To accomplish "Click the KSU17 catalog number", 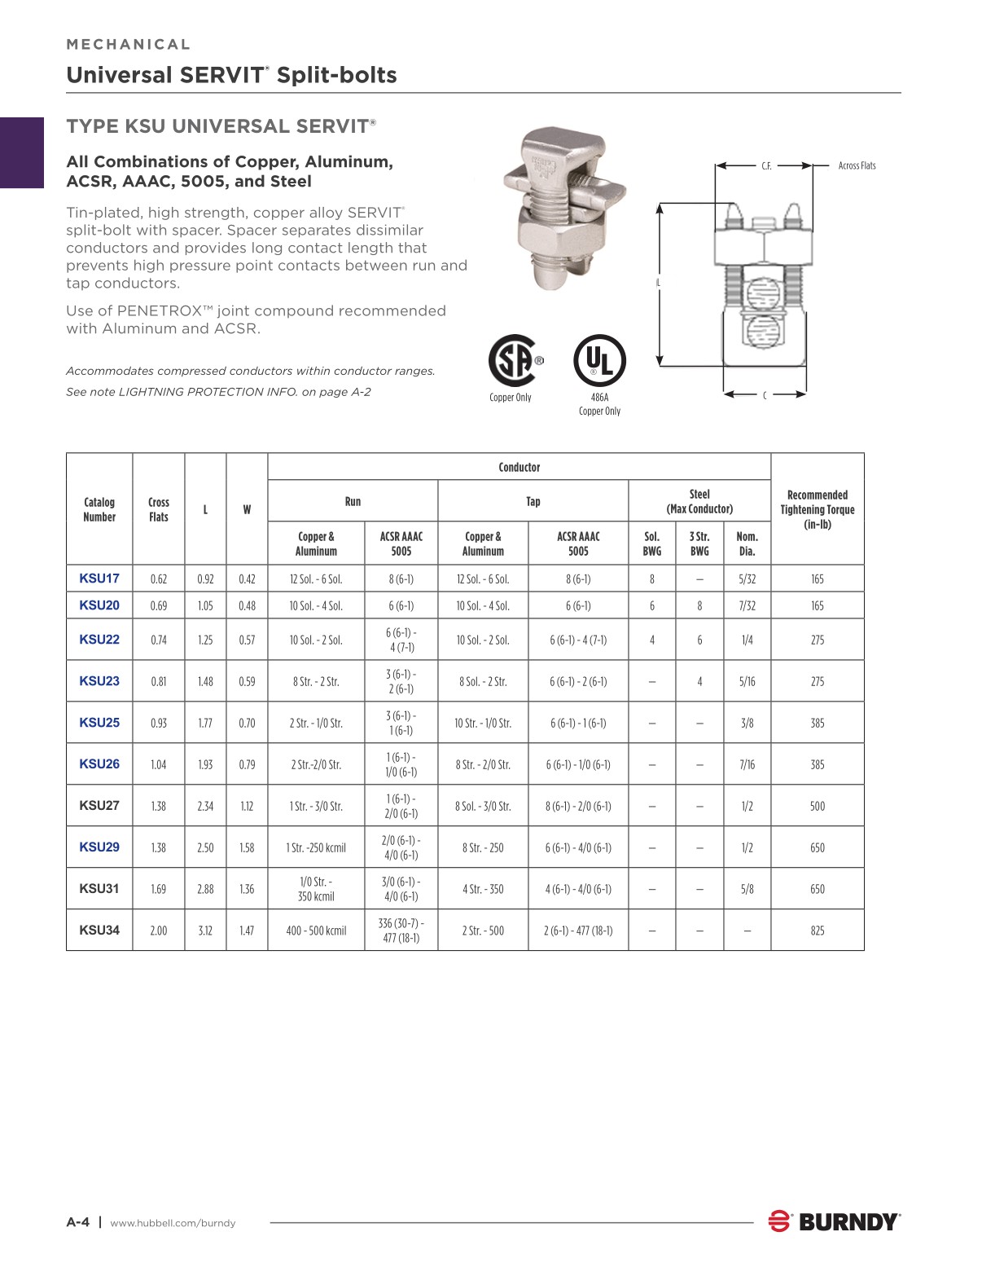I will point(99,579).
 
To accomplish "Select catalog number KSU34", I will point(99,930).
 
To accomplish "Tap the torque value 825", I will point(817,931).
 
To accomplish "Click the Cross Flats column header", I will point(159,509).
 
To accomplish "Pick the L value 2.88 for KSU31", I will point(205,889).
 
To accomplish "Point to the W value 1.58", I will point(247,847).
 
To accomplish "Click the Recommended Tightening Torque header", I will point(817,509).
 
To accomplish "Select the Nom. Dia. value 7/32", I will point(747,605).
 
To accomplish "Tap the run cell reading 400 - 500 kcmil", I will point(316,931).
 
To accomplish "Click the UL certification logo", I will point(599,360).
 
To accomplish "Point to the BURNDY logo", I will point(835,1221).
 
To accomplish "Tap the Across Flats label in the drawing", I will point(857,165).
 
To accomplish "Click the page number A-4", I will point(77,1222).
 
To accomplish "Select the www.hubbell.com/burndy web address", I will point(173,1223).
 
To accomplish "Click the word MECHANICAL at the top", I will point(129,44).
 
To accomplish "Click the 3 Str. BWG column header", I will point(699,543).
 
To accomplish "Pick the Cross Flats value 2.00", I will point(159,931).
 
